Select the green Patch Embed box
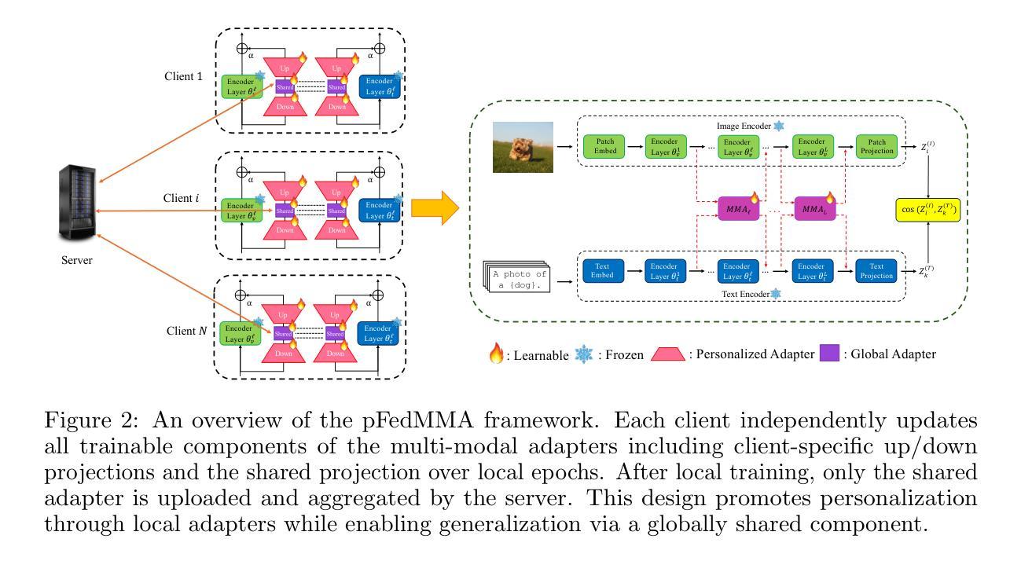point(606,146)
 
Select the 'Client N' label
point(186,331)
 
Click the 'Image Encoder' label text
point(744,125)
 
